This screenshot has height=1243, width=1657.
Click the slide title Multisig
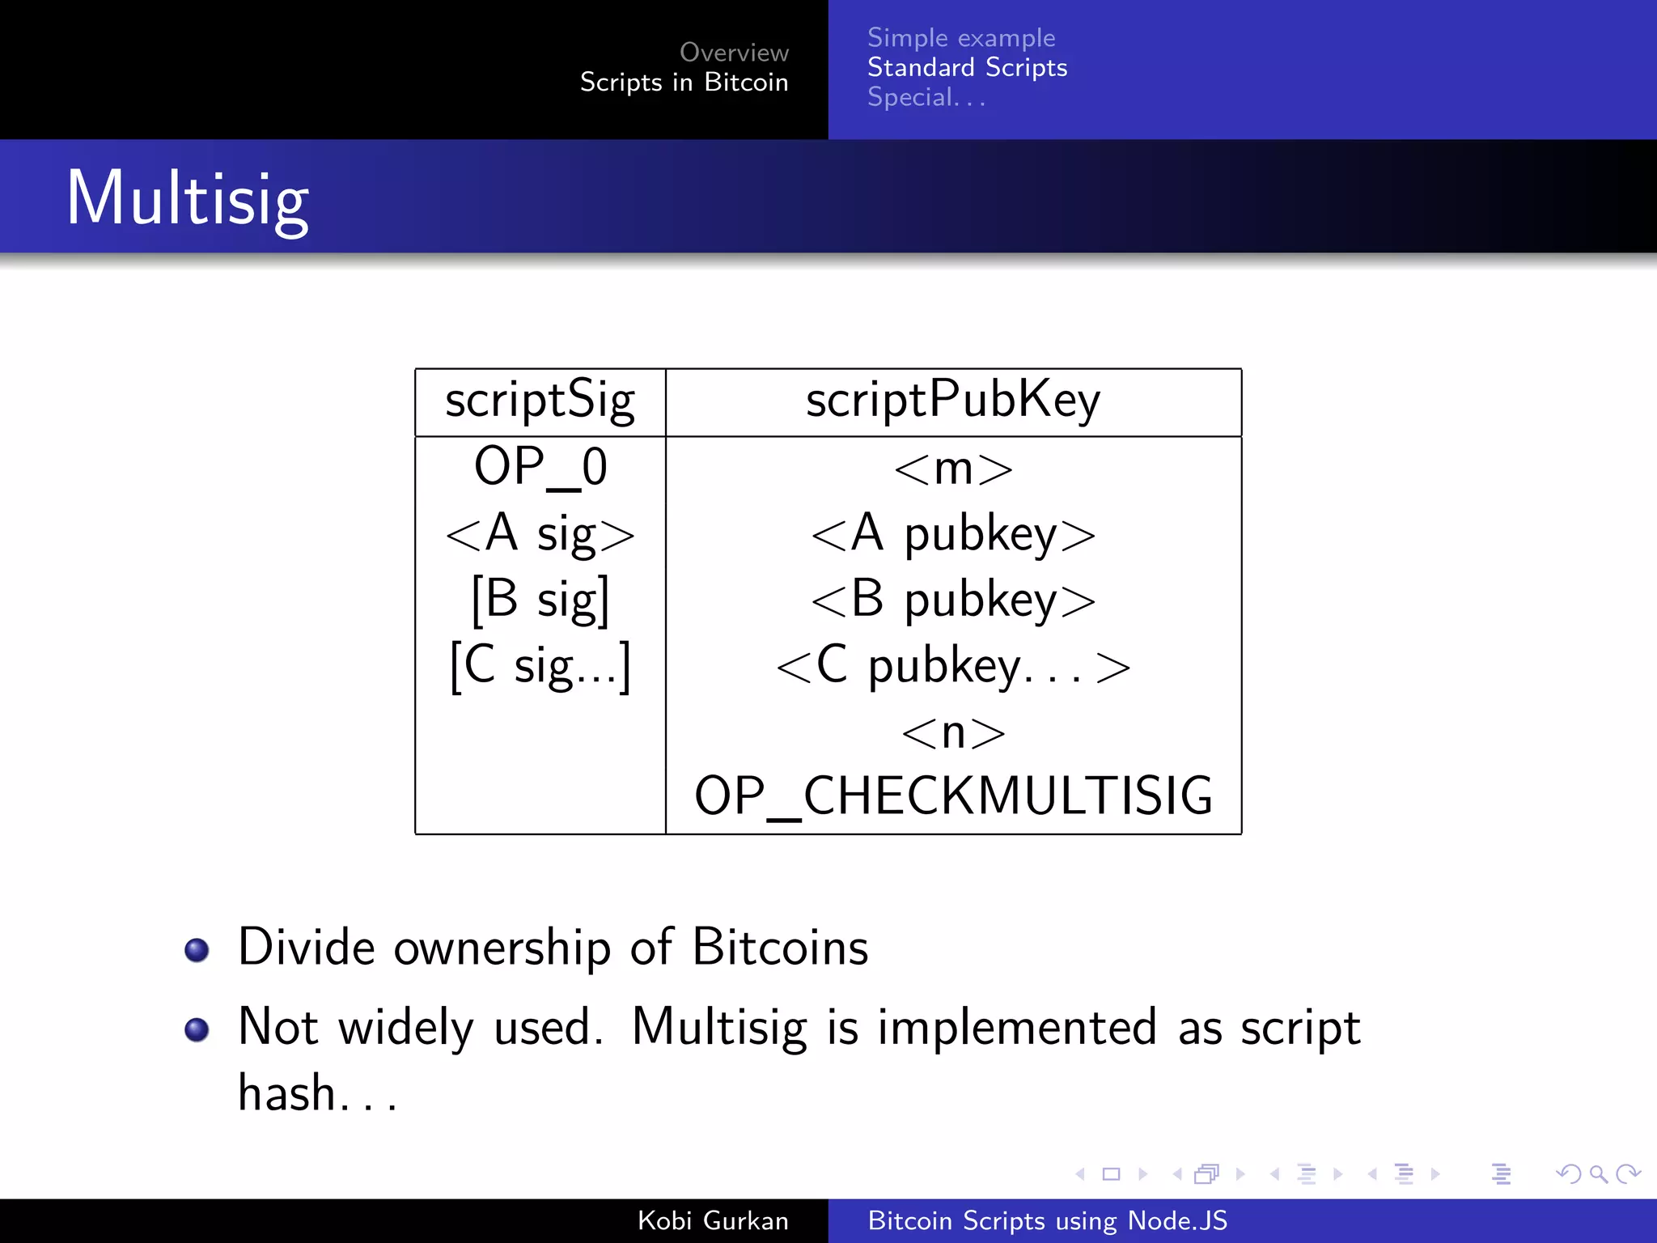[x=188, y=199]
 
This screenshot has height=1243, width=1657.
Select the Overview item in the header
[x=734, y=53]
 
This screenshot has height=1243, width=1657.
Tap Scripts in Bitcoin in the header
[x=684, y=83]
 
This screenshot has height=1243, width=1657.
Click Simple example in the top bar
[x=961, y=38]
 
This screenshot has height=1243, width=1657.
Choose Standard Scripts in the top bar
[x=967, y=68]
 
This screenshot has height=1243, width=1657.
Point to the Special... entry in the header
[x=926, y=98]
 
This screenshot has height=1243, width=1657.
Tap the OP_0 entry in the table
[x=540, y=468]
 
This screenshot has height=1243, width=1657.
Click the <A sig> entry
[x=540, y=534]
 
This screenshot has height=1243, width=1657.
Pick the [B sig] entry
[x=540, y=600]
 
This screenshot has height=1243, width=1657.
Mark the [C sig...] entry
[x=540, y=666]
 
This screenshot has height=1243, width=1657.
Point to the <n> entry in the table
[x=953, y=733]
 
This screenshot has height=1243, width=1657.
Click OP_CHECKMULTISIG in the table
[x=953, y=796]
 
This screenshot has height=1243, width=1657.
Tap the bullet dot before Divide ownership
[x=197, y=949]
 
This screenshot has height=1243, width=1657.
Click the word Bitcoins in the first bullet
[x=780, y=947]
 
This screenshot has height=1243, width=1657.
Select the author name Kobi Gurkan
[x=713, y=1220]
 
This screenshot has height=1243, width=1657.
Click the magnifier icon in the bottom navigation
[x=1598, y=1173]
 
